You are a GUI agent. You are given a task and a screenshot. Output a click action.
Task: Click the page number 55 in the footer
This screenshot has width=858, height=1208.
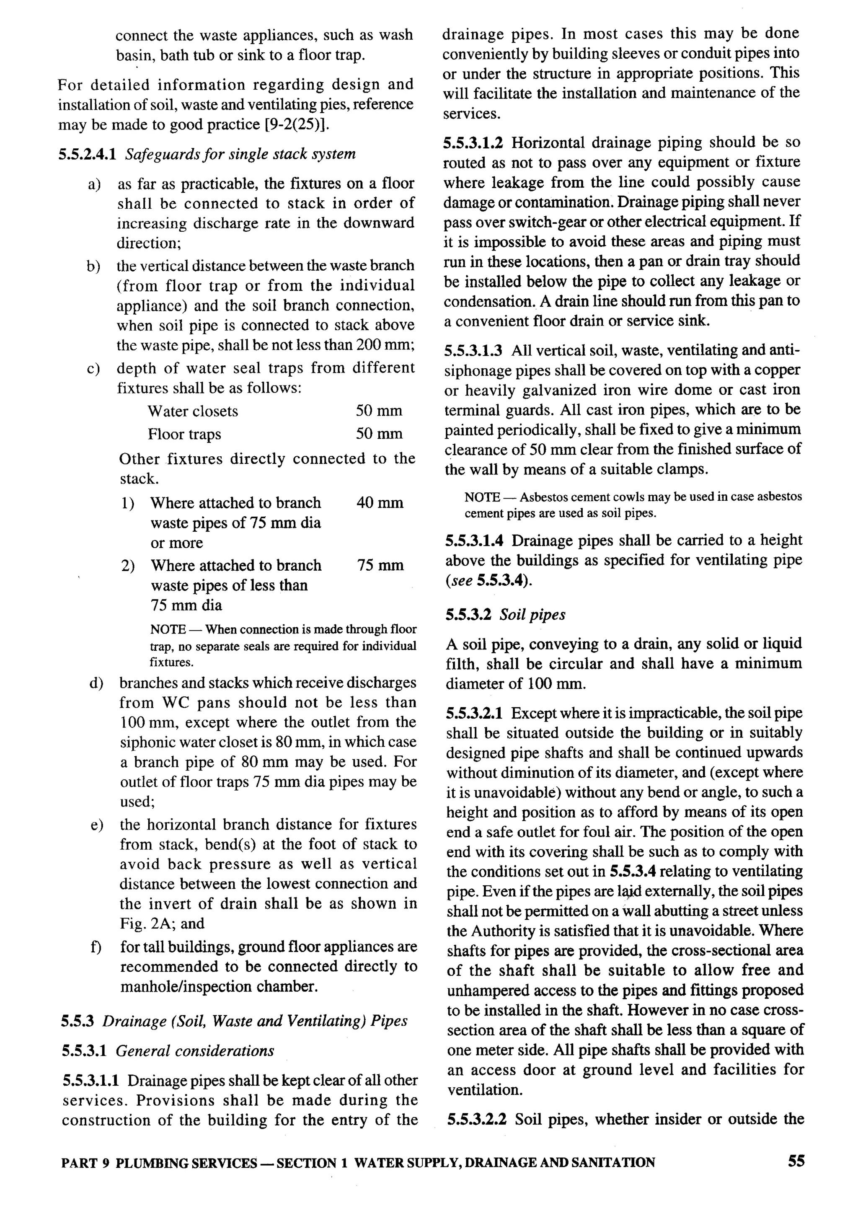click(x=796, y=1161)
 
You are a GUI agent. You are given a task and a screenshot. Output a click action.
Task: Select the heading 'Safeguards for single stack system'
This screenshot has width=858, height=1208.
click(x=240, y=154)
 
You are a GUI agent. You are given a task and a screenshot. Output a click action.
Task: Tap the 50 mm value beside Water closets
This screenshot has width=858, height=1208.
click(x=378, y=411)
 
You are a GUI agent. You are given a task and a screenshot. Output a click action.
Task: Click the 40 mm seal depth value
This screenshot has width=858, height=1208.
click(x=379, y=502)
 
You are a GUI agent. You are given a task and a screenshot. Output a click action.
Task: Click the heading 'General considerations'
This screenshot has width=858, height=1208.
click(x=194, y=1050)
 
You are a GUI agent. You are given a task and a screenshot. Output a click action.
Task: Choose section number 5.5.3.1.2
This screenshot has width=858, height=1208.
click(x=474, y=143)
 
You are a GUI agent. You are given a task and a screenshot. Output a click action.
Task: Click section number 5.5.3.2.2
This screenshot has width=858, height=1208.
click(x=476, y=1119)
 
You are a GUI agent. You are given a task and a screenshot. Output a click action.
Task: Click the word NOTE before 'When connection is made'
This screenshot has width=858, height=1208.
click(x=168, y=629)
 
